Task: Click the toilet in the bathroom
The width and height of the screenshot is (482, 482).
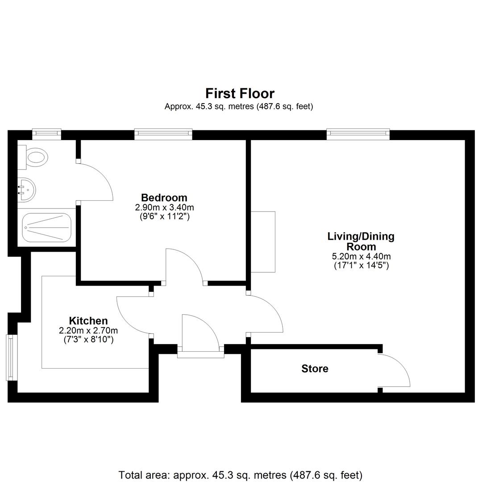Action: point(33,158)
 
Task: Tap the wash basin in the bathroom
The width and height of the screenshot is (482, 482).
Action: point(26,190)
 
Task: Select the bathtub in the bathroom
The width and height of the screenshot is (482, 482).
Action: point(47,228)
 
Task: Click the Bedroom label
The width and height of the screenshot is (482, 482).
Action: point(164,197)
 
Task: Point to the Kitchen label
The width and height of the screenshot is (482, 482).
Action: point(88,320)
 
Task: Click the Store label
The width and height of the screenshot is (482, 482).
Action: point(315,368)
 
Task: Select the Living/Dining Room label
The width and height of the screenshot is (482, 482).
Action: point(361,241)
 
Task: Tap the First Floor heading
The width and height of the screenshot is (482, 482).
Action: point(240,93)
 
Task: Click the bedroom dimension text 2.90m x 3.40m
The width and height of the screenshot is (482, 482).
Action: point(164,208)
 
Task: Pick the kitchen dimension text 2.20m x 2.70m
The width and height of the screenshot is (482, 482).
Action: point(88,331)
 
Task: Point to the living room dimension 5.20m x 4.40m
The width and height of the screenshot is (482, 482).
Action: point(361,256)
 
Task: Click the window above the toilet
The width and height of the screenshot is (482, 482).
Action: point(47,133)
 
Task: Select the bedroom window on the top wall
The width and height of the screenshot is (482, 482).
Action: point(163,133)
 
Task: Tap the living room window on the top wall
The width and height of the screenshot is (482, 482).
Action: point(358,133)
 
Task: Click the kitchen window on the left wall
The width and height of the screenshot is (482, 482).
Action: point(11,357)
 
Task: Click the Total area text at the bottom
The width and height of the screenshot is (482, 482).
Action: point(241,475)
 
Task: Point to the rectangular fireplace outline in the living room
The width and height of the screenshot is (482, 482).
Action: point(263,241)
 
